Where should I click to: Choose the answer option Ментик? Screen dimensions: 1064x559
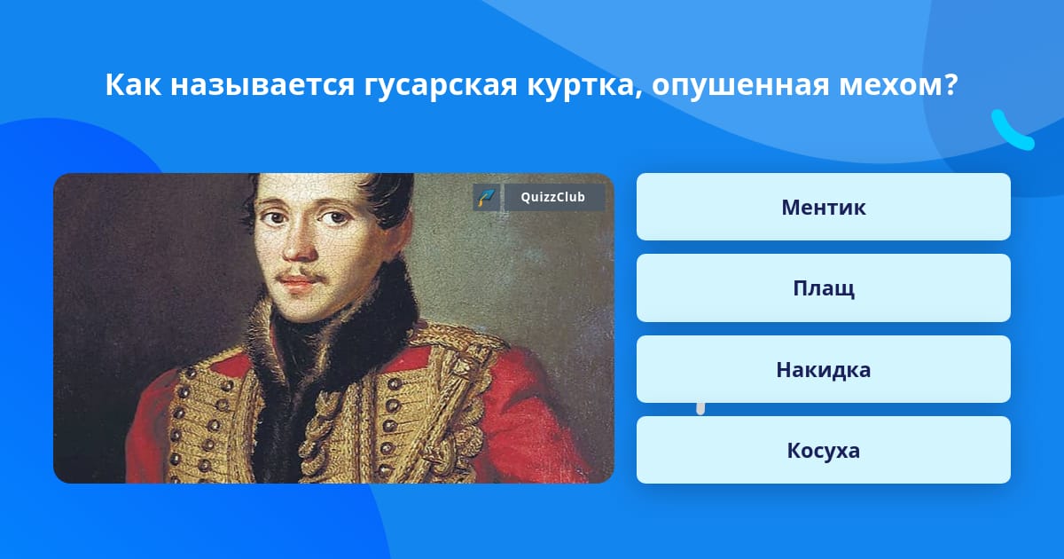823,207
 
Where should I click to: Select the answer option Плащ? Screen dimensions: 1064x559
823,288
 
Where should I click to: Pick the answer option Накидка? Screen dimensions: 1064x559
823,369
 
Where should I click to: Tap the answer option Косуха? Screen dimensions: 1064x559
823,450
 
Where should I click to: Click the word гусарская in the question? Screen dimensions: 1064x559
441,86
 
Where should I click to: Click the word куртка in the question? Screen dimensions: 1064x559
584,86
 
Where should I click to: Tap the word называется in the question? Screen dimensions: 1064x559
262,85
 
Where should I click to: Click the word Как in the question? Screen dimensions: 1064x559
133,84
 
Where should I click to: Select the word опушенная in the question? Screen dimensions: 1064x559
740,85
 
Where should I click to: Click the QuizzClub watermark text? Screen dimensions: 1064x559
553,197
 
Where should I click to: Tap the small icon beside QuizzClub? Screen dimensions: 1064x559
487,197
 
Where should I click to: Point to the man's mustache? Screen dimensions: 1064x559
301,275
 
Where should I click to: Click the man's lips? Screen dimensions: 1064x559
297,284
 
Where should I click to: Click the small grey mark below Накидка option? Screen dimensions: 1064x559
700,409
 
